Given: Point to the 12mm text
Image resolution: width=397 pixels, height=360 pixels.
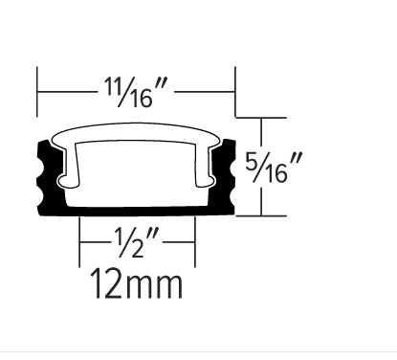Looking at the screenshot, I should click(136, 283).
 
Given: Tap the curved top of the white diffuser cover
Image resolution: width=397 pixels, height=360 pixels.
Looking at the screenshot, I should click(137, 131).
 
